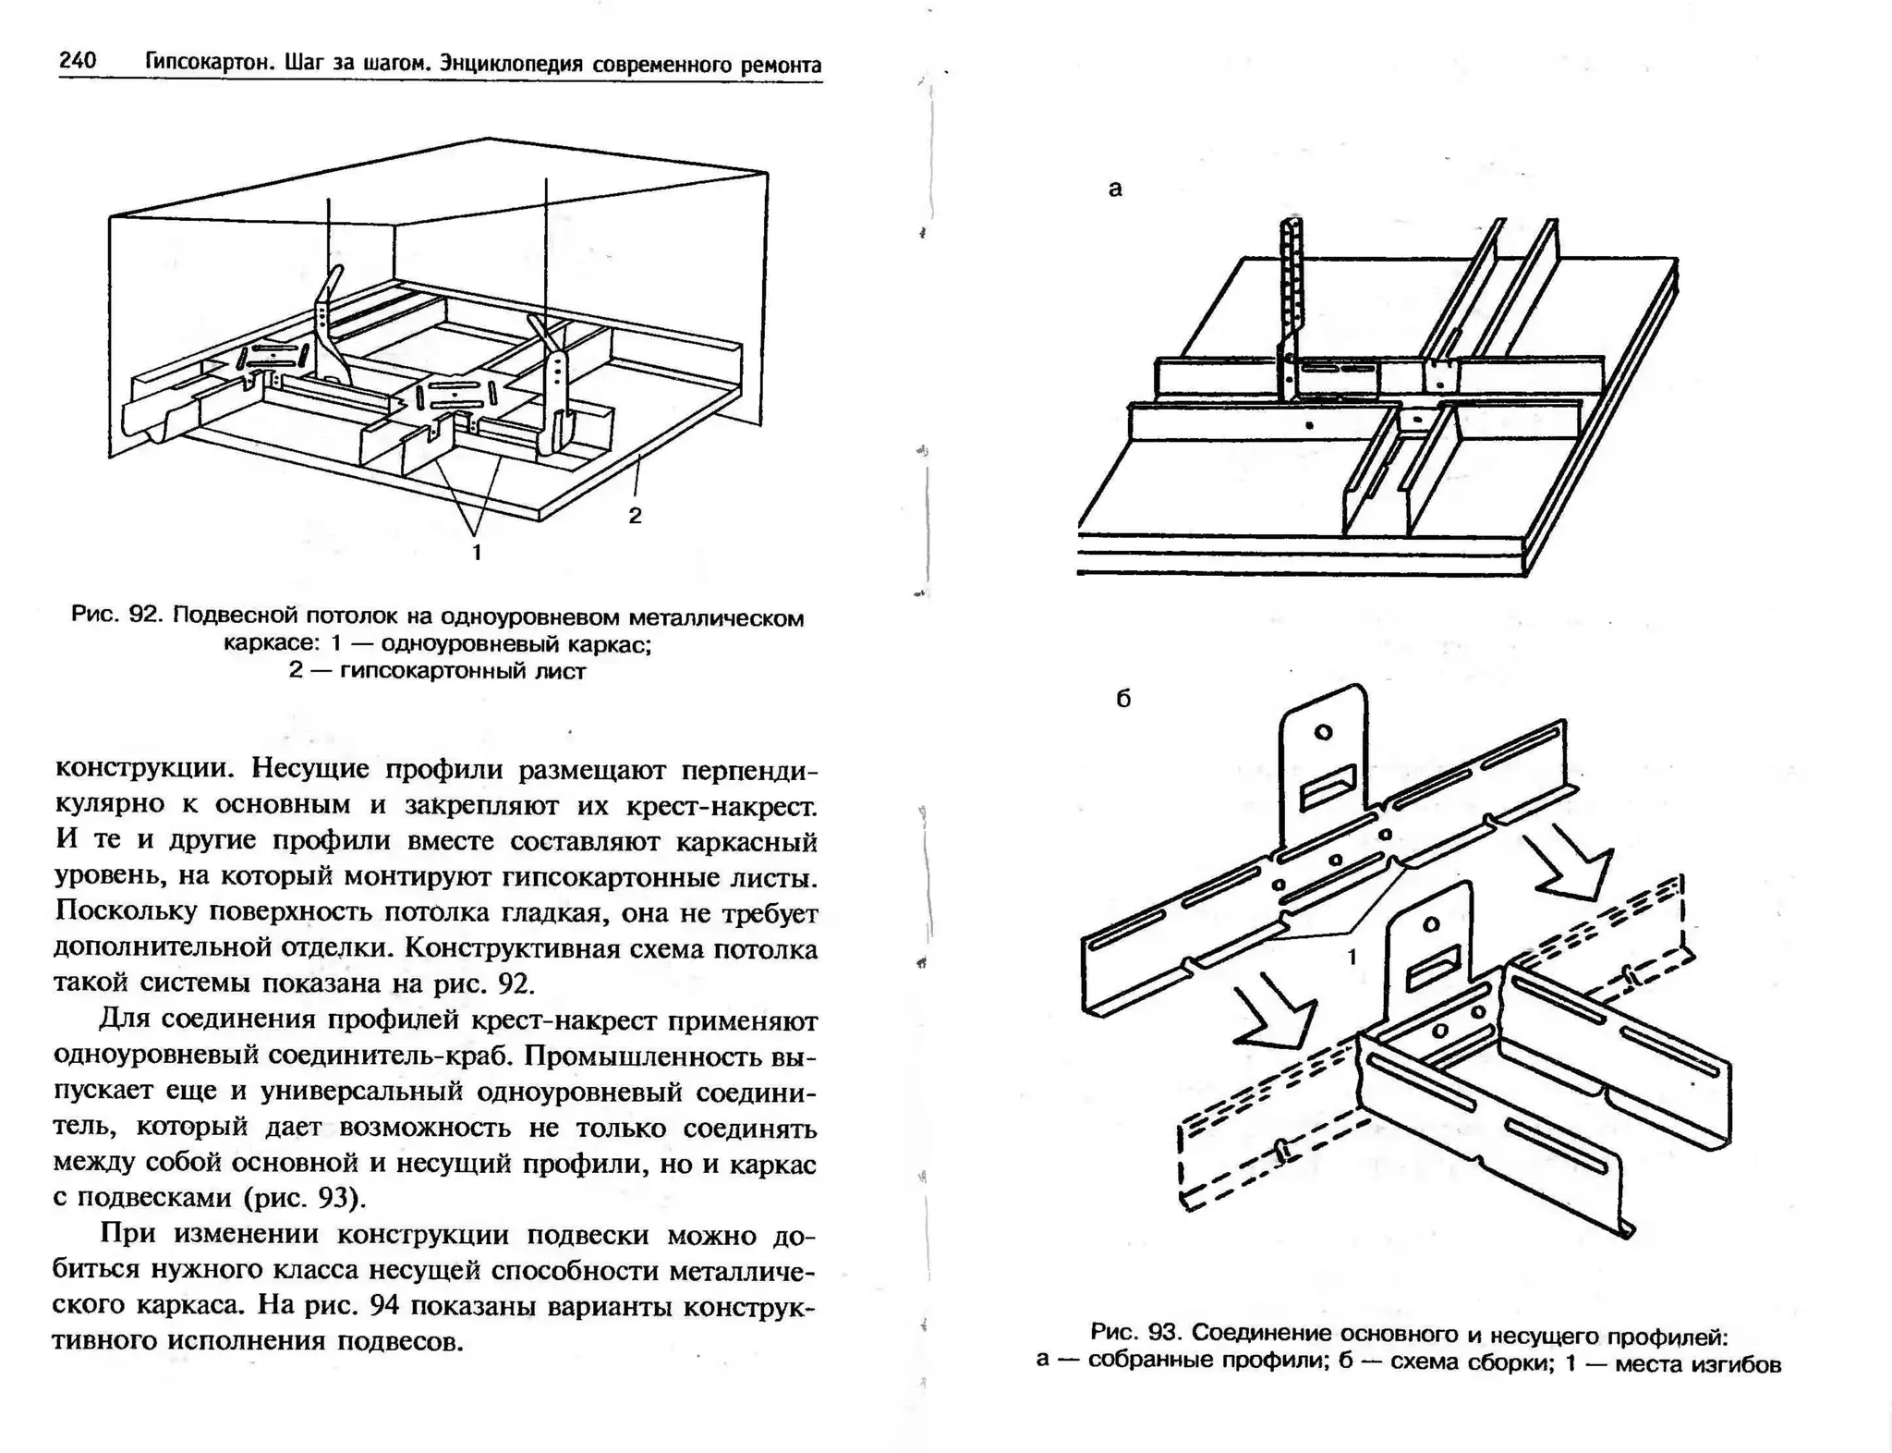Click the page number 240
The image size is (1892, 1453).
tap(78, 61)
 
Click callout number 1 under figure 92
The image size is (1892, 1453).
tap(477, 553)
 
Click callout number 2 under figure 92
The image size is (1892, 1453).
tap(635, 516)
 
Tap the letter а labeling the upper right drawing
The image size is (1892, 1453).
tap(1115, 189)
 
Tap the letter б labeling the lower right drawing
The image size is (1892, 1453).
tap(1123, 699)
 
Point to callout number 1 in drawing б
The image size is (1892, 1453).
tap(1352, 957)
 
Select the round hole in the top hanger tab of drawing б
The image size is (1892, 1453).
tap(1323, 732)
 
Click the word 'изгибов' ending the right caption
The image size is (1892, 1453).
tap(1735, 1364)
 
